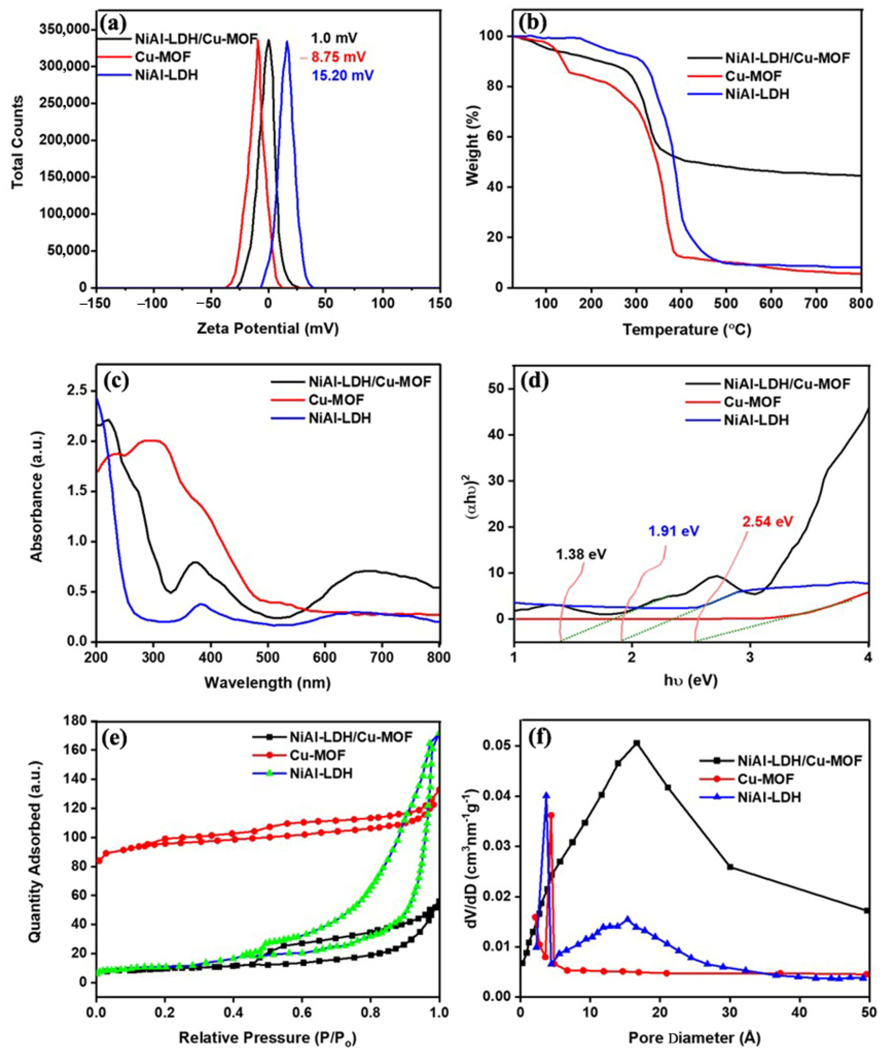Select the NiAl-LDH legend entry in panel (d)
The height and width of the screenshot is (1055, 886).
click(756, 420)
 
